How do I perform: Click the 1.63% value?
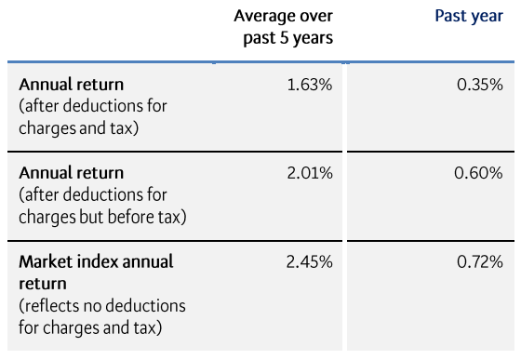[310, 85]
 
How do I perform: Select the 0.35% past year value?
[480, 85]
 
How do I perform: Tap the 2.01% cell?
[310, 173]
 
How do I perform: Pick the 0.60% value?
[480, 173]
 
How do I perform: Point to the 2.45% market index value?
[310, 262]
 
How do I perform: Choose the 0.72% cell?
[480, 262]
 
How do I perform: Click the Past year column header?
[469, 17]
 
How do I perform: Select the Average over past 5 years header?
[283, 27]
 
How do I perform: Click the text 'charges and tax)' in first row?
[79, 127]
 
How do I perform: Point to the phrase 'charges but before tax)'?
[102, 217]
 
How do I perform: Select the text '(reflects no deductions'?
[102, 305]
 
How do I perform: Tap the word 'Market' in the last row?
[47, 262]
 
